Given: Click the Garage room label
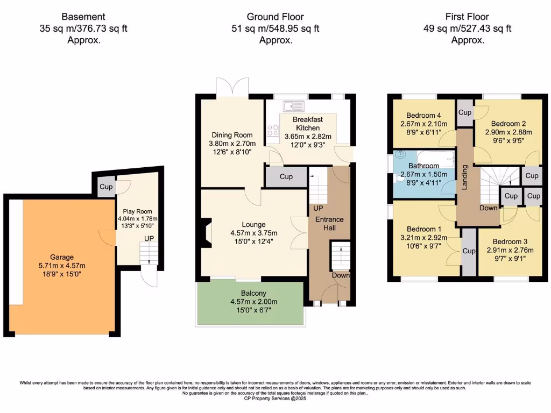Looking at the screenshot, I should coord(62,257).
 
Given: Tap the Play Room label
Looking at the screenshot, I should coord(135,211).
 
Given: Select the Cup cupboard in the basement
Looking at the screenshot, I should coord(105,187).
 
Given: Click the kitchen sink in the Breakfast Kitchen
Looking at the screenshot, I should coord(295,106).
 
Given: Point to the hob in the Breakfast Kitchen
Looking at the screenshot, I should coord(273,130).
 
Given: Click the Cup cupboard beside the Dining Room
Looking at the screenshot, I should coord(286,176).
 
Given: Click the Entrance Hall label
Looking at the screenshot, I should coord(329,224).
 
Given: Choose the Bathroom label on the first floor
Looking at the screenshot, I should coord(423,166).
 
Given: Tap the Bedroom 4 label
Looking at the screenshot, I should coord(424,115).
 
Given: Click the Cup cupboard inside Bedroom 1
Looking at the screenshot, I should coord(469,251).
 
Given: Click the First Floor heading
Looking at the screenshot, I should coord(467,17).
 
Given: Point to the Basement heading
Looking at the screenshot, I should coord(83,17).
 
